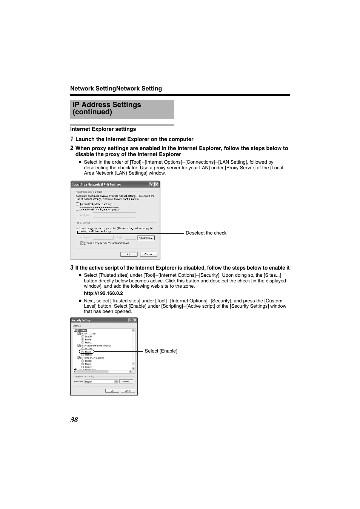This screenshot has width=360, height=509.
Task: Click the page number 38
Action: (74, 420)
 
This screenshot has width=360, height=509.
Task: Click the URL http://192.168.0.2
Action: (103, 293)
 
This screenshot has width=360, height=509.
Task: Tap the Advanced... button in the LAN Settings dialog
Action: (146, 238)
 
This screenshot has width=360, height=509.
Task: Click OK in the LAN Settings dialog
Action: (128, 254)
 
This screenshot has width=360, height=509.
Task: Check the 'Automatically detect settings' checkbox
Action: (78, 204)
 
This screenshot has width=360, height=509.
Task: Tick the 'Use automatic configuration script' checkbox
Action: (78, 209)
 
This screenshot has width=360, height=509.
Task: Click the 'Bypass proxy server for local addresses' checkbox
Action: (82, 243)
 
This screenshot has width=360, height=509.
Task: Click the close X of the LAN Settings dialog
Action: (157, 184)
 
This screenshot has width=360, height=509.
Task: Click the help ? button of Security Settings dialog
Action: (130, 320)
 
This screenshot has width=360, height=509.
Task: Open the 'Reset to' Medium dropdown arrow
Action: (116, 382)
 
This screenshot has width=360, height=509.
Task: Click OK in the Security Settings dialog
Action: (112, 391)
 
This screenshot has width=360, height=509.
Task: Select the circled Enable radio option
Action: (83, 352)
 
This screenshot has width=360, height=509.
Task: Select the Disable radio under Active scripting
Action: (83, 336)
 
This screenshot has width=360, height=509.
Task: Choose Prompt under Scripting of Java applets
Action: (83, 367)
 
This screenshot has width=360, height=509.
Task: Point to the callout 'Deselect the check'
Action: (206, 233)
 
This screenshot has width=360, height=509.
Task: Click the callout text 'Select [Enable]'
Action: (161, 351)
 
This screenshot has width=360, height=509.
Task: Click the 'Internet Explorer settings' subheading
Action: (103, 129)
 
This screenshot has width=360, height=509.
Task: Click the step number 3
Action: (72, 268)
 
